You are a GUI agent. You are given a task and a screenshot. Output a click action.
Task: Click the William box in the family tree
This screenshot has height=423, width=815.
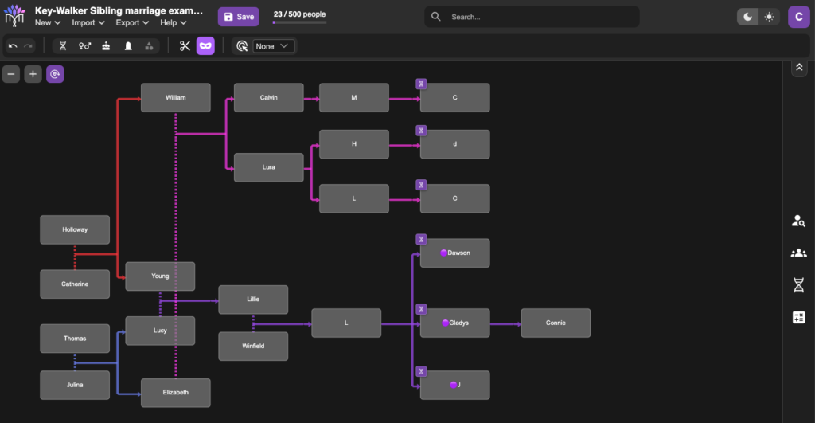[x=176, y=97]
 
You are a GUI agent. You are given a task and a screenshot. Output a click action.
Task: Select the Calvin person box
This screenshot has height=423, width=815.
[x=269, y=97]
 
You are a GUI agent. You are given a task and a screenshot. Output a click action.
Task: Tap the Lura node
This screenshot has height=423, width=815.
[x=269, y=167]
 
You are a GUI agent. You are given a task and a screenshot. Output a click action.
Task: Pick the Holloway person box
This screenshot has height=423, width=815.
[x=75, y=229]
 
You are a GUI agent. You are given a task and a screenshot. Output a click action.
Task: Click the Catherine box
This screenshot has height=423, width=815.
[x=75, y=284]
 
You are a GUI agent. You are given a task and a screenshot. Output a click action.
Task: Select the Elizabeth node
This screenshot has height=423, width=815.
[x=176, y=392]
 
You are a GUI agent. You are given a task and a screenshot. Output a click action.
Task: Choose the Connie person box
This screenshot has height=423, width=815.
[x=556, y=323]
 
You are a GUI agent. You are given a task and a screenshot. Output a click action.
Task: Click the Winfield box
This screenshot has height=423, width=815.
[x=253, y=346]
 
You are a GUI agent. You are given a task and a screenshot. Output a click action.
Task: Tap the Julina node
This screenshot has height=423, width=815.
[x=75, y=385]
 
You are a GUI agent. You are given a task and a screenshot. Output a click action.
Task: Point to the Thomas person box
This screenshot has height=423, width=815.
[x=75, y=339]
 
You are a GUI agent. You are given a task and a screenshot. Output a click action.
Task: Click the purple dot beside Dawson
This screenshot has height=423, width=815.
[x=443, y=253]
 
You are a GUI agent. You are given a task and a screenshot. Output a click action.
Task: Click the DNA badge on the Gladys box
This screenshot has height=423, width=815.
[x=421, y=309]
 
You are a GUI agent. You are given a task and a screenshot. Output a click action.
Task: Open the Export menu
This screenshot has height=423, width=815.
[x=132, y=22]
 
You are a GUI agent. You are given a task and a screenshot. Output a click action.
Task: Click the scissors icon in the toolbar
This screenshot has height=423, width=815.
[x=185, y=45]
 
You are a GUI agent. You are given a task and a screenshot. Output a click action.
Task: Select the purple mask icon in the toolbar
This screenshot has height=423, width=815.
[x=205, y=45]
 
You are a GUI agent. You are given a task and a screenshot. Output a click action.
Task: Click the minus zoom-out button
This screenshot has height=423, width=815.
[x=11, y=74]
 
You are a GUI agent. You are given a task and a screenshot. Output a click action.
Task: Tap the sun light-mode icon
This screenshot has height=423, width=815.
[x=769, y=17]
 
